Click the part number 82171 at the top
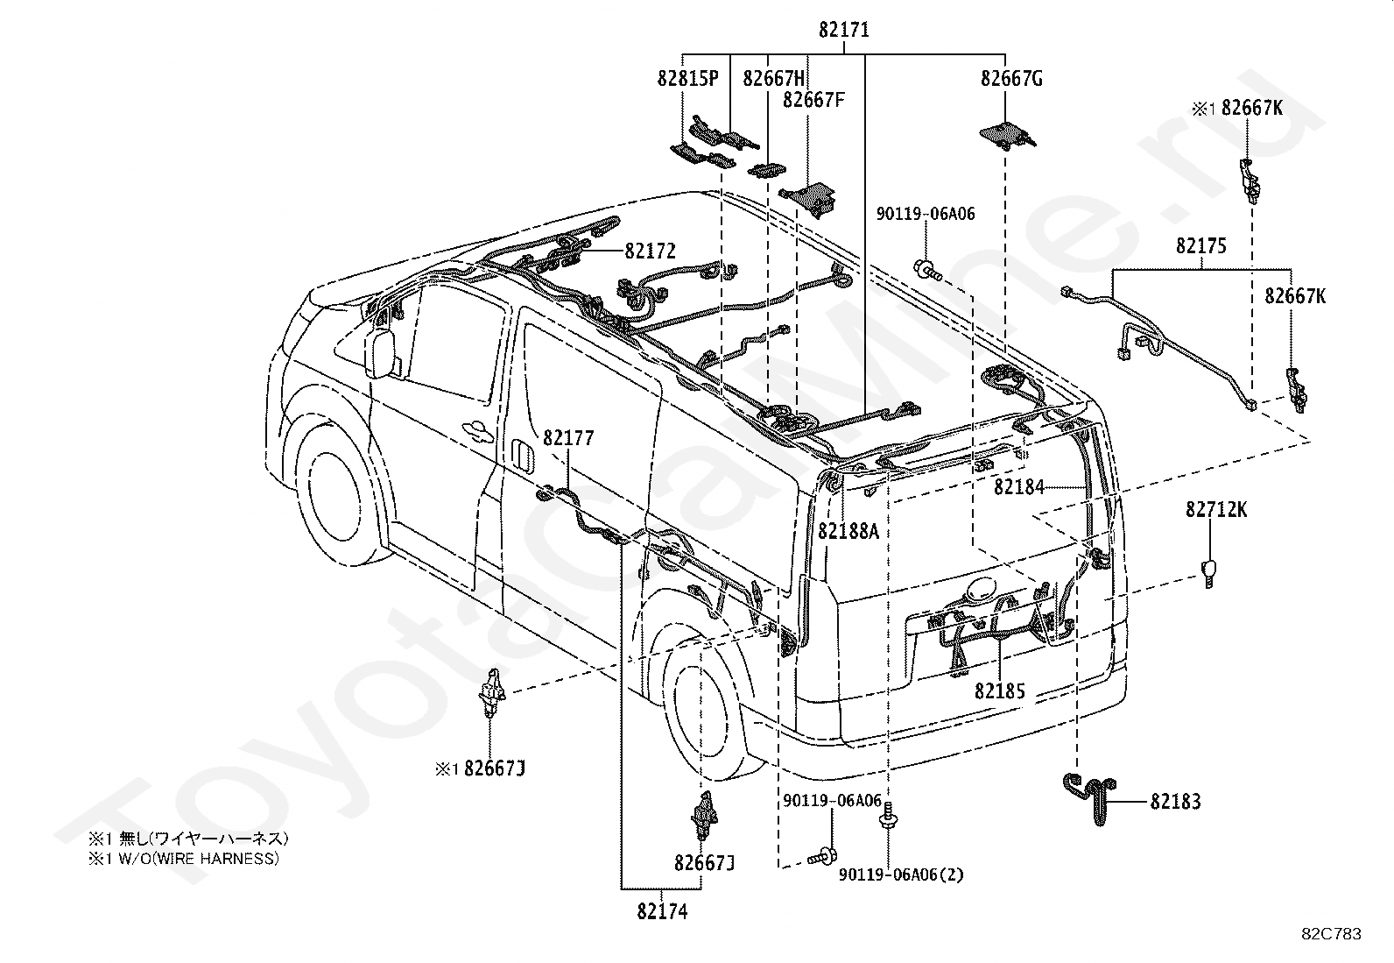point(843,29)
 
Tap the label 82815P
point(687,79)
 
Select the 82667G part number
point(1011,79)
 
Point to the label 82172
point(650,251)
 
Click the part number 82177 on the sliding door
point(568,438)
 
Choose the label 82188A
point(848,531)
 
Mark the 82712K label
point(1216,509)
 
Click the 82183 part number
point(1176,801)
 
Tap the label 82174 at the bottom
point(662,911)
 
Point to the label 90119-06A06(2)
point(901,874)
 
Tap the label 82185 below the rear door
point(999,690)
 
